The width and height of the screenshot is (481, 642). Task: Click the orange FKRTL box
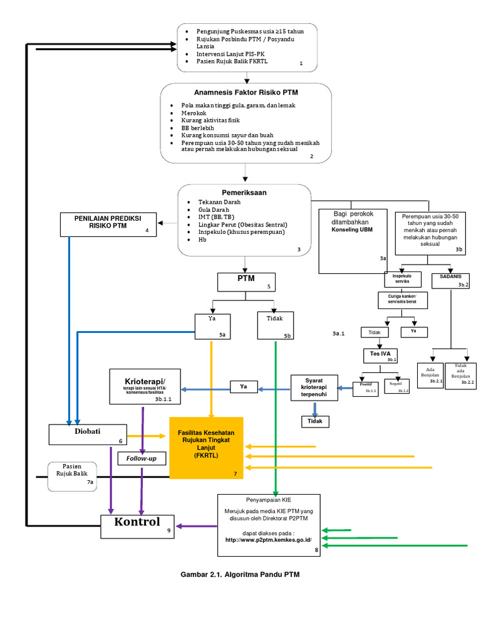207,447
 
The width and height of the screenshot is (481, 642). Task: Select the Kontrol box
138,525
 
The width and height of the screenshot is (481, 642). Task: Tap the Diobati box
88,434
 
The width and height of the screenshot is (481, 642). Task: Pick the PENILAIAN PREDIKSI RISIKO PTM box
108,224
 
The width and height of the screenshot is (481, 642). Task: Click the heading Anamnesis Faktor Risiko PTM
246,92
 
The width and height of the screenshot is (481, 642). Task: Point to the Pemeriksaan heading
244,192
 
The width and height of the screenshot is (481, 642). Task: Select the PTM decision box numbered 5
246,282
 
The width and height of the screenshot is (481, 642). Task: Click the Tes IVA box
381,355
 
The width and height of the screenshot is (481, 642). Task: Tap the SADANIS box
451,278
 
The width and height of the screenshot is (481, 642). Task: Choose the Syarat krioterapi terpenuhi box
314,387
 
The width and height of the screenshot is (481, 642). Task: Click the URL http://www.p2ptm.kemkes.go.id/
269,539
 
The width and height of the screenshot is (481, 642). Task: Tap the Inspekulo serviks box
403,279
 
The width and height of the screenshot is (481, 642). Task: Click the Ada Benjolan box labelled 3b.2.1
430,375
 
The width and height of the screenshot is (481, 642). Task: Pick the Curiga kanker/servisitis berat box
402,300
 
